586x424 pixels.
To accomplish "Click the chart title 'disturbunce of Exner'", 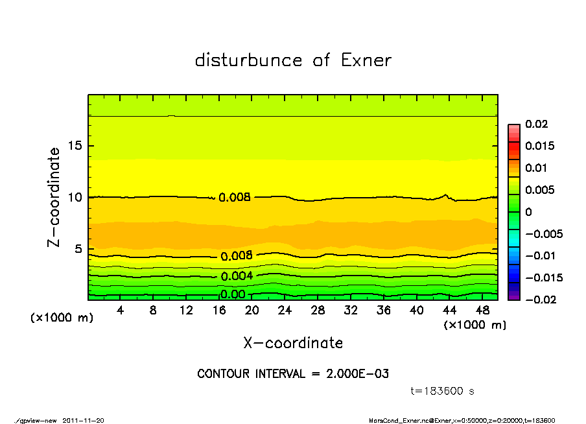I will pyautogui.click(x=293, y=60).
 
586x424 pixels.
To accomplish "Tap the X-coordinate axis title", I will pyautogui.click(x=293, y=343).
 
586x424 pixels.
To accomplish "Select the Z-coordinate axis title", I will pyautogui.click(x=54, y=197).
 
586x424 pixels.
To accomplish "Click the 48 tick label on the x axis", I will pyautogui.click(x=482, y=311).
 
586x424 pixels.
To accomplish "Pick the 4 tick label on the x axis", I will pyautogui.click(x=121, y=311).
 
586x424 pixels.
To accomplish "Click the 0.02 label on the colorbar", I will pyautogui.click(x=535, y=124).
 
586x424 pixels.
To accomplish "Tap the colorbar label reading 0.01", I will pyautogui.click(x=535, y=168).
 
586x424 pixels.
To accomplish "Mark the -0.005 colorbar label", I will pyautogui.click(x=543, y=234).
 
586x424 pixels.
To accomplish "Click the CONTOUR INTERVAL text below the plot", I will pyautogui.click(x=293, y=374).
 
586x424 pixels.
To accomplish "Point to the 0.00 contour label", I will pyautogui.click(x=233, y=294).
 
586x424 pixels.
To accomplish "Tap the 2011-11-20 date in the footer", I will pyautogui.click(x=83, y=420).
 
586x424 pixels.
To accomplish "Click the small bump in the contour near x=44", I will pyautogui.click(x=445, y=194).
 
